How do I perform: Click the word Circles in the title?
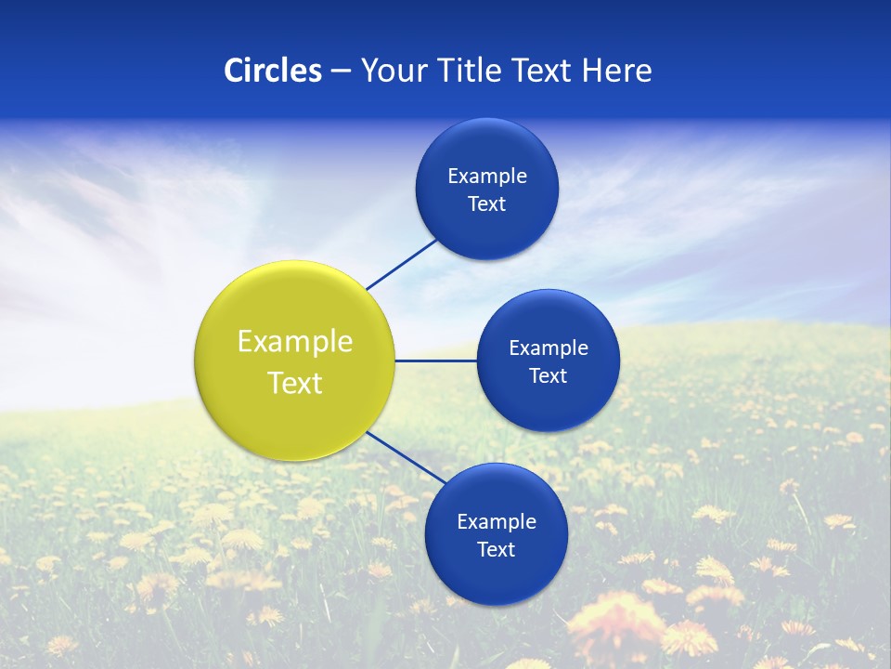pyautogui.click(x=273, y=71)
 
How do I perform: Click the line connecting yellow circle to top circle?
pyautogui.click(x=403, y=264)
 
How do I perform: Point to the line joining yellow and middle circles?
pyautogui.click(x=436, y=361)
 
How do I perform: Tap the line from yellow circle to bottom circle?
pyautogui.click(x=405, y=457)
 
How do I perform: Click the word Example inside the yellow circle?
pyautogui.click(x=295, y=342)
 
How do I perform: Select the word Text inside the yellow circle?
pyautogui.click(x=295, y=383)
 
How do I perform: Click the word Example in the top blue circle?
pyautogui.click(x=487, y=177)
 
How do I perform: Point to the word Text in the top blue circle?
pyautogui.click(x=487, y=204)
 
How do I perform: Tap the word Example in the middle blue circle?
pyautogui.click(x=549, y=348)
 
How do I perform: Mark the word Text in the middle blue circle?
pyautogui.click(x=549, y=376)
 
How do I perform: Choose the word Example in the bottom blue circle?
pyautogui.click(x=497, y=522)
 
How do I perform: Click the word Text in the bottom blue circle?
pyautogui.click(x=497, y=550)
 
